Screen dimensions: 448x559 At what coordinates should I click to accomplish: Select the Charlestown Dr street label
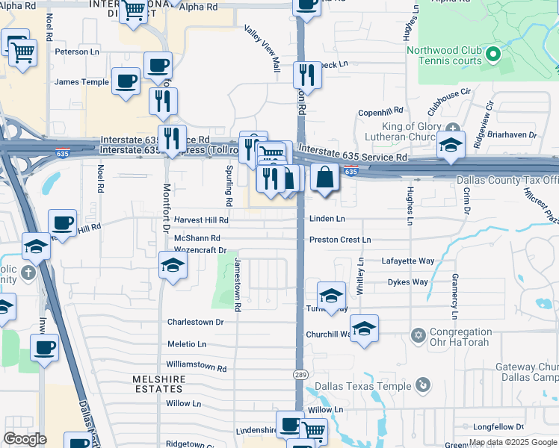click(x=195, y=323)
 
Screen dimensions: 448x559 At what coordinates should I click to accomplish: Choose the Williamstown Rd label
click(x=196, y=367)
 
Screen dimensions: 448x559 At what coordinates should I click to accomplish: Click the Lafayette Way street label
click(x=408, y=261)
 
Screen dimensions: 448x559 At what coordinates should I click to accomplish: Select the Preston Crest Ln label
click(x=340, y=240)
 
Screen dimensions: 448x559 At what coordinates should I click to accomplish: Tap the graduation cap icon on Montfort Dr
click(x=173, y=265)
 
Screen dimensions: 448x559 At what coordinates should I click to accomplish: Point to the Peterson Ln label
click(x=77, y=52)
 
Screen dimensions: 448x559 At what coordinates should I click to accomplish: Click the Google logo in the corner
click(x=25, y=439)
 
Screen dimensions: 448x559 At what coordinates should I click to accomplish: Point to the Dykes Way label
click(x=407, y=282)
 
